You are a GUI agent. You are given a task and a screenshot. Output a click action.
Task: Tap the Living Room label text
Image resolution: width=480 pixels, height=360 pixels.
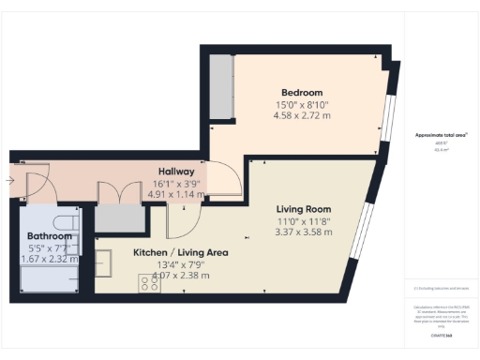tap(303, 208)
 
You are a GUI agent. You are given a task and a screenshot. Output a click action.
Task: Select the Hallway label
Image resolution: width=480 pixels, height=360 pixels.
tap(175, 172)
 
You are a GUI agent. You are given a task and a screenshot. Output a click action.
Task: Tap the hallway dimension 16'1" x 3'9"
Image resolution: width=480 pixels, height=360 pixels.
tap(175, 184)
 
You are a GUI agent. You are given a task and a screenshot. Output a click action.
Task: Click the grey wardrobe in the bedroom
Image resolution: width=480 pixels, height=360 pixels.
tap(221, 86)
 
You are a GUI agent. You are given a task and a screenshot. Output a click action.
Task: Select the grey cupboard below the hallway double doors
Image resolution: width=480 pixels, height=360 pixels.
tap(119, 218)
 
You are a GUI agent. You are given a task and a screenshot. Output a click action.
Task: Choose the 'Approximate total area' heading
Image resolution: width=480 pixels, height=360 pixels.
tap(441, 135)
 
